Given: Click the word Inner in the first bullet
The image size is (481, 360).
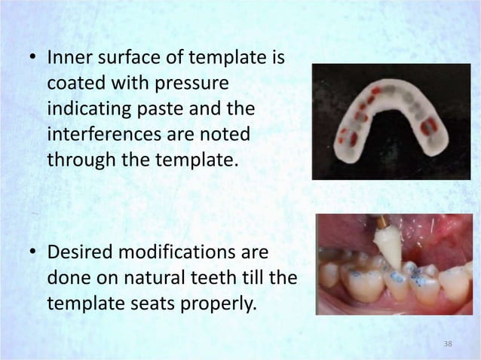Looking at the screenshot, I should [68, 57].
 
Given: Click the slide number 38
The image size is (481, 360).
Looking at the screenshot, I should [448, 344].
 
